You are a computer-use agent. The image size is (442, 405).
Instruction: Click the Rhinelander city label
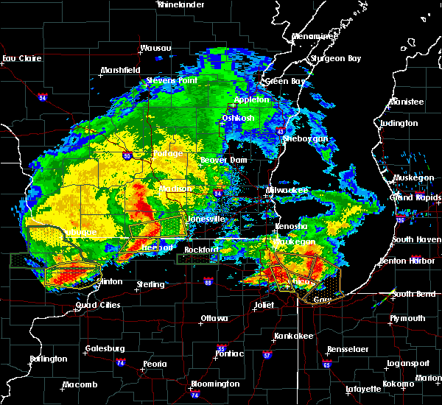[x=180, y=4]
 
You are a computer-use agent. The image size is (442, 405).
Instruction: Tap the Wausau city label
[x=155, y=48]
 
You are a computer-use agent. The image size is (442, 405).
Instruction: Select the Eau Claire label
[x=19, y=58]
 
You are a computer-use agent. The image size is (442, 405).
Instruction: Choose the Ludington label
[x=399, y=123]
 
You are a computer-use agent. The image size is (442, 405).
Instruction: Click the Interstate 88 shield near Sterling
[x=208, y=281]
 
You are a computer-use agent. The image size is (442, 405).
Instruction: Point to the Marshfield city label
[x=121, y=70]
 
